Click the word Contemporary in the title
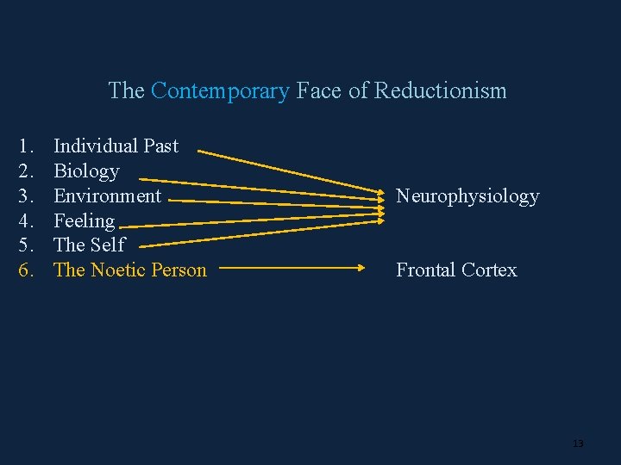[x=219, y=90]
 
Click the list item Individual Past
[x=116, y=146]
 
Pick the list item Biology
[x=86, y=171]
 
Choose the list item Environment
[x=107, y=196]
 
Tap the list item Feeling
[x=84, y=221]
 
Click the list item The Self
[x=89, y=245]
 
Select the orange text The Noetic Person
[x=130, y=270]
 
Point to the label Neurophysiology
[x=467, y=196]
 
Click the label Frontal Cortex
[x=456, y=270]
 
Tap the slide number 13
[x=578, y=443]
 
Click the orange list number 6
[x=27, y=270]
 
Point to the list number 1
[x=27, y=146]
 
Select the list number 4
[x=27, y=221]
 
